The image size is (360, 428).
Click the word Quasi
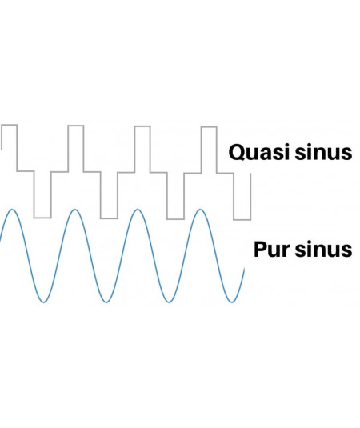tap(259, 152)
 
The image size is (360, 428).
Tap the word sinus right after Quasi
tap(323, 152)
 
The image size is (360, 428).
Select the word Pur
tap(272, 250)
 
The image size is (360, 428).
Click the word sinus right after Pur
tap(323, 250)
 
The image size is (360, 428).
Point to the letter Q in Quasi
tap(236, 152)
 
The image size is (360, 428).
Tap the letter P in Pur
tap(259, 249)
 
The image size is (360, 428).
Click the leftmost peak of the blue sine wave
tap(12, 210)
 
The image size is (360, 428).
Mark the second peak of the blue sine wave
tap(74, 210)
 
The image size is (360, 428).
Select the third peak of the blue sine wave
tap(138, 210)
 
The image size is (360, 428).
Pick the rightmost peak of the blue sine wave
tap(201, 210)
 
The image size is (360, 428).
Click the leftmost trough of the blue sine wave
tap(44, 302)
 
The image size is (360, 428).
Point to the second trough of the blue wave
tap(106, 302)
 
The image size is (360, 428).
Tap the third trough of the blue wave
tap(170, 302)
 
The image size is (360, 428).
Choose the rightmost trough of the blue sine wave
tap(232, 302)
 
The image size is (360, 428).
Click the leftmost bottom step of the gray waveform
tap(42, 218)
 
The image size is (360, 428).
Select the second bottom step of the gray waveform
tap(109, 218)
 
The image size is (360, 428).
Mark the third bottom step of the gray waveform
tap(175, 219)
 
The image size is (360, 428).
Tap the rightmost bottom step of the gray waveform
tap(242, 219)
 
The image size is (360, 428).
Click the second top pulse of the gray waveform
tap(76, 126)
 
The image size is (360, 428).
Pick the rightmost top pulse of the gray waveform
tap(209, 127)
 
